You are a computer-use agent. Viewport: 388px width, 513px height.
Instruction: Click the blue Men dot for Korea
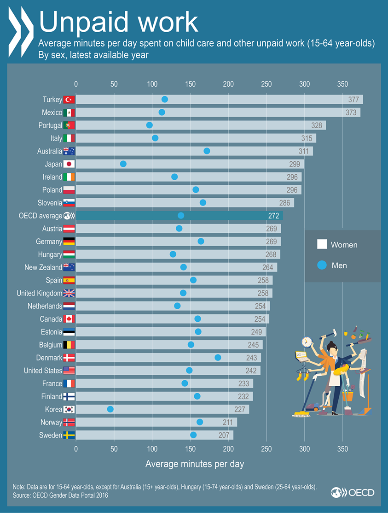(110, 409)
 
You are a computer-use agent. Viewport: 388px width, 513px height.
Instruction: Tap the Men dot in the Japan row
(123, 164)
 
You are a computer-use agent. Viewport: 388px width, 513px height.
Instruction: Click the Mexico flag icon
(69, 112)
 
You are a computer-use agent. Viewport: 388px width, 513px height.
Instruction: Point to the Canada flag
(69, 319)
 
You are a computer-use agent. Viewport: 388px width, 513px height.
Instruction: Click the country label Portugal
(50, 125)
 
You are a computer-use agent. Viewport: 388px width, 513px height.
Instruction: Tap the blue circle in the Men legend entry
(322, 265)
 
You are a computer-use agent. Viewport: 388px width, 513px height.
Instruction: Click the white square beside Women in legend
(322, 245)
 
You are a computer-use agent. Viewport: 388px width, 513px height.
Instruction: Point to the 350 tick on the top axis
(342, 84)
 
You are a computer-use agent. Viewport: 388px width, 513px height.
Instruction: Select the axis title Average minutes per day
(195, 464)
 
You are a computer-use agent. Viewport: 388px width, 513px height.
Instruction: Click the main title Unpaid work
(118, 22)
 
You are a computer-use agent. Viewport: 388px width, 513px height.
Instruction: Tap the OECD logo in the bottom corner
(352, 492)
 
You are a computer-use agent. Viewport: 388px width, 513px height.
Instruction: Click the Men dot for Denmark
(218, 358)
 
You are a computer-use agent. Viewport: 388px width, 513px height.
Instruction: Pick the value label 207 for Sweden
(224, 435)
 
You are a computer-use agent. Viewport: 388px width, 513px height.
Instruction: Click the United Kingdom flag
(69, 293)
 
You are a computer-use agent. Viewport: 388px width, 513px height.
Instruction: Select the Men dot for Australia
(207, 151)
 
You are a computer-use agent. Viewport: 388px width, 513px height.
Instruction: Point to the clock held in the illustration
(307, 342)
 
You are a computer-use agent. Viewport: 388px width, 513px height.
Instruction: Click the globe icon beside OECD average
(69, 216)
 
